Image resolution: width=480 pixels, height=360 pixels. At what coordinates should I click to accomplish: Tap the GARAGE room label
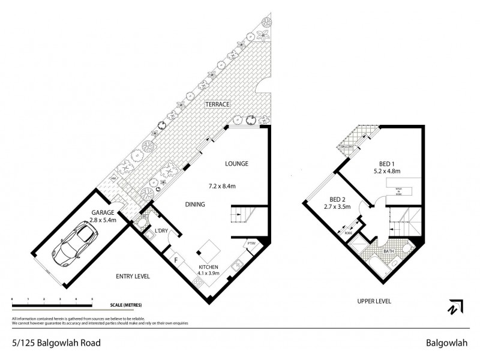(103, 212)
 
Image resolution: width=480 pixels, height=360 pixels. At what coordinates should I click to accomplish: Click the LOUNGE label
(236, 163)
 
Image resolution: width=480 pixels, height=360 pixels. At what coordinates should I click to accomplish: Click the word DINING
(195, 205)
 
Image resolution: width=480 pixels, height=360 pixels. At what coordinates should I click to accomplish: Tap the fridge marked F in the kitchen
(176, 260)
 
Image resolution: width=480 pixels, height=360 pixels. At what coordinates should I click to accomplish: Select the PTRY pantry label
(251, 244)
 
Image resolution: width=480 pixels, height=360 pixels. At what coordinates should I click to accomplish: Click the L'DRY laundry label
(161, 231)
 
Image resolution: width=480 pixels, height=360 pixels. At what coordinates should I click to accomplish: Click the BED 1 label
(386, 163)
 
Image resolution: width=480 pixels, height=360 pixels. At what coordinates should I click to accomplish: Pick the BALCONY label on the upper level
(347, 146)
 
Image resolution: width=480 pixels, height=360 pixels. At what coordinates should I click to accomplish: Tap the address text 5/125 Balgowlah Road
(56, 343)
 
